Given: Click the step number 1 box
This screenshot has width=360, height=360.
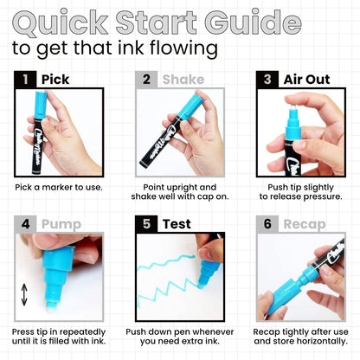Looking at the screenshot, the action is (x=25, y=80).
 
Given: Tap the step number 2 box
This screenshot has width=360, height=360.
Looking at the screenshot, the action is (x=146, y=80).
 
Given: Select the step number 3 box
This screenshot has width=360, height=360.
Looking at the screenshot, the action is (x=267, y=80).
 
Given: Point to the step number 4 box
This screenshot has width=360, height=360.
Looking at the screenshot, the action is (x=25, y=224).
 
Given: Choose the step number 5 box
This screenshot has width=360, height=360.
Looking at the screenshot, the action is (x=146, y=224).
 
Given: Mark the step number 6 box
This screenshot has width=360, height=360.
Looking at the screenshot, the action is (x=267, y=224).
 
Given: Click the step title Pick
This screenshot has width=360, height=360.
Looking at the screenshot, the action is (x=55, y=80).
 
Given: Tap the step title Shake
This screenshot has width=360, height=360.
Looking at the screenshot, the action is (x=183, y=80).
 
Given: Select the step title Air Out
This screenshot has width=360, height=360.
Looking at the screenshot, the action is (x=306, y=80).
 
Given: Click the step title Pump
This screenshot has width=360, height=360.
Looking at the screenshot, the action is (x=61, y=224).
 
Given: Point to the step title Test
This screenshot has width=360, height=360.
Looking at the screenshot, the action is (x=177, y=224).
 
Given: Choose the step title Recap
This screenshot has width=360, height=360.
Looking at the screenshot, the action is (x=305, y=224).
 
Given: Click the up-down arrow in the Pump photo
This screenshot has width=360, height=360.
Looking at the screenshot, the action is (x=24, y=294).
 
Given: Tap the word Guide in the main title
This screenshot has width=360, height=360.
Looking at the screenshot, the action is (x=253, y=22).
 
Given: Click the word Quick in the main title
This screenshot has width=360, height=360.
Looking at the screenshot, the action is (x=61, y=22).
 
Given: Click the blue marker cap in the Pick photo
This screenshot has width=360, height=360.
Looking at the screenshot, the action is (x=41, y=105).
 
